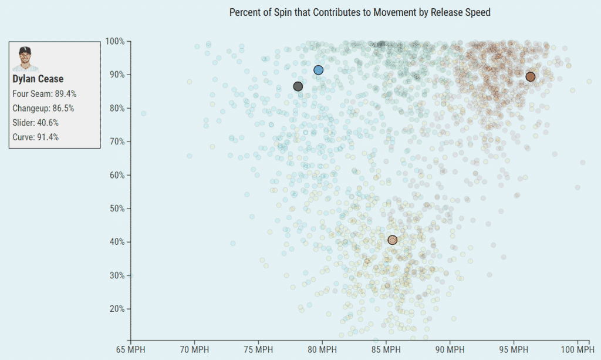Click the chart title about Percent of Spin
click(360, 12)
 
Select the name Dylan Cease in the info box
click(38, 79)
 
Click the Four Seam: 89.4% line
click(45, 93)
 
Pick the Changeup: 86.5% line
click(43, 108)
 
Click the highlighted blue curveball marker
click(318, 70)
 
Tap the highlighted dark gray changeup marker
click(298, 86)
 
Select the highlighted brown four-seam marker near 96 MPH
click(531, 76)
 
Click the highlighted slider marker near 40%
click(392, 240)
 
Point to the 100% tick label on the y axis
click(114, 41)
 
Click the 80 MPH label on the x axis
click(322, 350)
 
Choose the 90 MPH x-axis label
click(450, 350)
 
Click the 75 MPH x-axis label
click(258, 350)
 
